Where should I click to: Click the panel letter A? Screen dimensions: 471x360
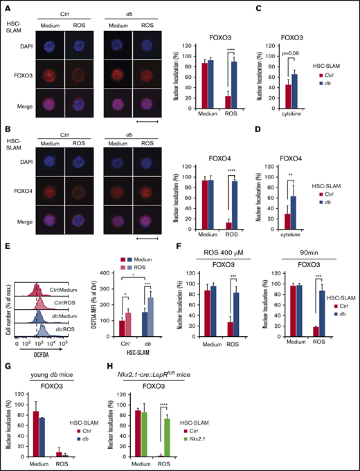pyautogui.click(x=5, y=6)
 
